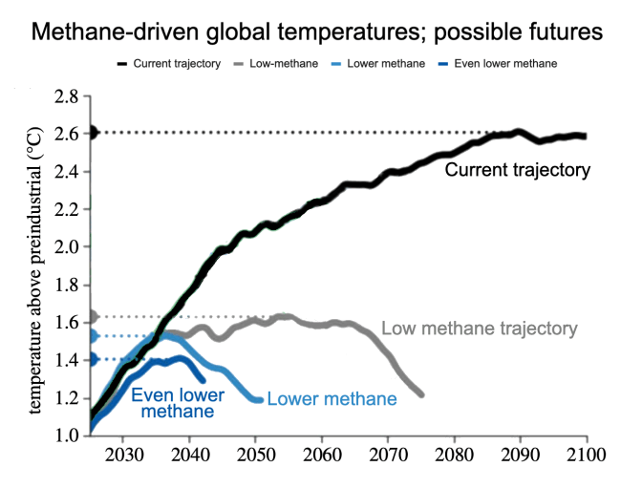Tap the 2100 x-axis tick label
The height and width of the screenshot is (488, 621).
586,454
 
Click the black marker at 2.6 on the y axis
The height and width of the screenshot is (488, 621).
93,132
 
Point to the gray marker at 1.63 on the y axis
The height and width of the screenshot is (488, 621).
93,316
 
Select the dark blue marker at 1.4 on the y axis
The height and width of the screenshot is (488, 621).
93,359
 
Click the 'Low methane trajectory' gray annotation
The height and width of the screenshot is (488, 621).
479,329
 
